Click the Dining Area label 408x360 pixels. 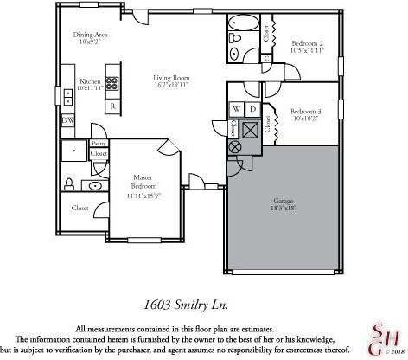click(x=88, y=35)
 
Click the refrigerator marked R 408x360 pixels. click(x=112, y=106)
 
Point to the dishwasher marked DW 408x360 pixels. click(x=67, y=119)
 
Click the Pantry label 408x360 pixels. click(x=99, y=145)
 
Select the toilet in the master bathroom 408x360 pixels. click(x=69, y=183)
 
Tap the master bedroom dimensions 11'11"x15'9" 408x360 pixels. click(x=143, y=195)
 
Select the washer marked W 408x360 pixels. click(x=236, y=110)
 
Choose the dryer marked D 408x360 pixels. click(x=252, y=110)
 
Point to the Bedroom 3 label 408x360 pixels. click(x=305, y=111)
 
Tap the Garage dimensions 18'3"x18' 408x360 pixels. click(x=282, y=209)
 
